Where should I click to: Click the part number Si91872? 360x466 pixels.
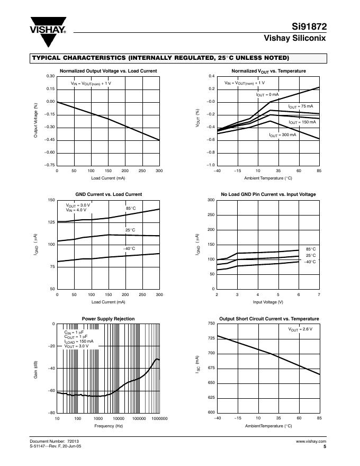(309, 27)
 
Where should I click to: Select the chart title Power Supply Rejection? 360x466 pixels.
(108, 319)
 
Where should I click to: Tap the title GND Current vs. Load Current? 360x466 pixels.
(108, 194)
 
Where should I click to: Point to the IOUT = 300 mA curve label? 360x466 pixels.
(283, 136)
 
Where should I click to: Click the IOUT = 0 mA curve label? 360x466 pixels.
(267, 95)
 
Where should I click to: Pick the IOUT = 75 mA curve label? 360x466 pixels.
(301, 106)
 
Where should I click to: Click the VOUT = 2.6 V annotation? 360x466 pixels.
(300, 329)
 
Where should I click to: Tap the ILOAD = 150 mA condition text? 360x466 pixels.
(79, 342)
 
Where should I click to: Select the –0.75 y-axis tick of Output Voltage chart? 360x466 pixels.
(49, 165)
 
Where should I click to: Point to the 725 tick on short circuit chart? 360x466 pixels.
(211, 338)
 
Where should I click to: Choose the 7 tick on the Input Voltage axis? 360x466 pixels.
(319, 295)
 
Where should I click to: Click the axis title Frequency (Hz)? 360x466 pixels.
(108, 426)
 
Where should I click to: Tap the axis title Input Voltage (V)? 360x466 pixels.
(268, 302)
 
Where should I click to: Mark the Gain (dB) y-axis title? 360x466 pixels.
(36, 369)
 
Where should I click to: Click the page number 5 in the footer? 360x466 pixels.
(324, 446)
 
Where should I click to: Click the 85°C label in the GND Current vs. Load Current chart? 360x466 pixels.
(131, 209)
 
